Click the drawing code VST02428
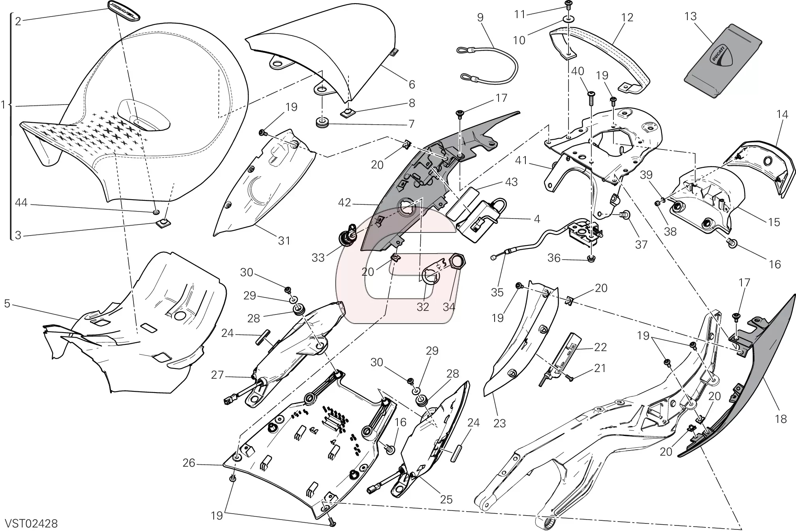click(x=31, y=524)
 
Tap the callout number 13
click(x=691, y=17)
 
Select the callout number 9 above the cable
click(x=480, y=17)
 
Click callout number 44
click(x=21, y=203)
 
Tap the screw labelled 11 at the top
click(x=568, y=5)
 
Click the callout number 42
click(x=344, y=203)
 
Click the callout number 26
click(x=189, y=463)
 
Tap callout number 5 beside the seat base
click(x=7, y=303)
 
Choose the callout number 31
click(x=284, y=240)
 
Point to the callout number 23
click(x=499, y=423)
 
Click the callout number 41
click(x=521, y=161)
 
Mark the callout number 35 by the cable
click(x=497, y=292)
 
